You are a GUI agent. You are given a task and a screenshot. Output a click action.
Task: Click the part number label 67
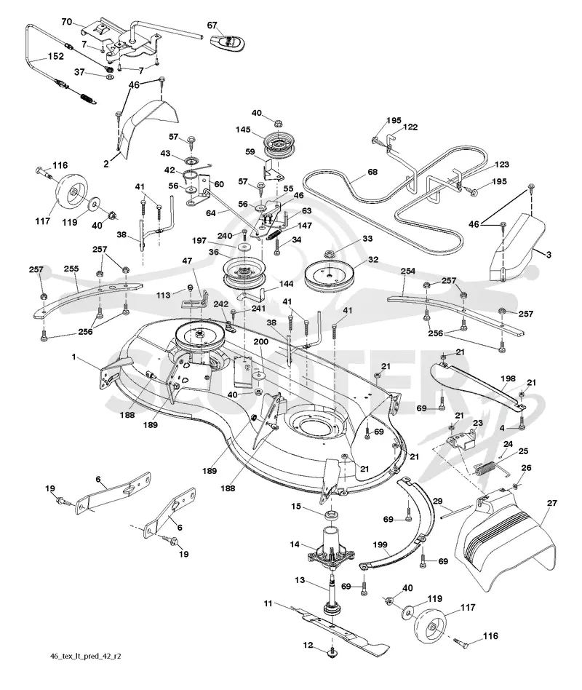[212, 25]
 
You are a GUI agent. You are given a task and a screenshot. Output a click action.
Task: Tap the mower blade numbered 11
[339, 627]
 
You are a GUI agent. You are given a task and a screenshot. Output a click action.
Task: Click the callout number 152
[56, 56]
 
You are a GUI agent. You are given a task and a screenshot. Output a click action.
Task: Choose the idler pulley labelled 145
[279, 146]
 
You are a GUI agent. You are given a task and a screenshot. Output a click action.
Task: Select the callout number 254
[408, 271]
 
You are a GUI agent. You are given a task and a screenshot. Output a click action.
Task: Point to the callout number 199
[380, 545]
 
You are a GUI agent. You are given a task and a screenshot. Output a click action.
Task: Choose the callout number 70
[66, 22]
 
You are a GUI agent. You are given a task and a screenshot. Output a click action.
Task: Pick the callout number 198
[508, 378]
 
